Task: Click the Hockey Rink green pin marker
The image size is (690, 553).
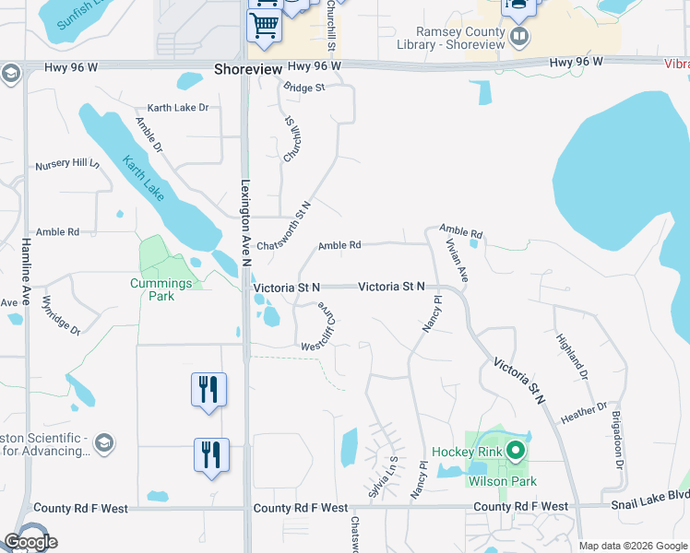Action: (x=516, y=451)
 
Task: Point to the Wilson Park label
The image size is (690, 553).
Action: (x=503, y=480)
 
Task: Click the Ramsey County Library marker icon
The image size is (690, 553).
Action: (x=519, y=36)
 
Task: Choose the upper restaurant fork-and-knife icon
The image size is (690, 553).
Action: (x=208, y=389)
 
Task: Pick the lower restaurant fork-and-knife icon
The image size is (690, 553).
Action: (x=211, y=454)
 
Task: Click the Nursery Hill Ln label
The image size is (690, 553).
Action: (x=67, y=164)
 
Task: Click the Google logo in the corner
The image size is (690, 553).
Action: (x=30, y=542)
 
